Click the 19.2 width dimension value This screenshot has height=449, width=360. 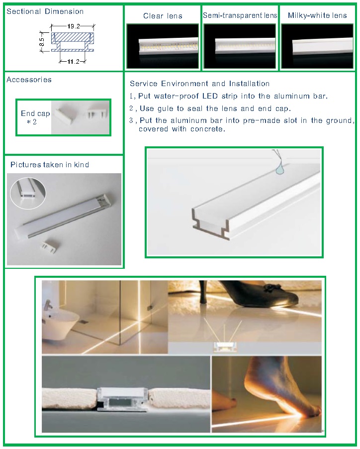click(x=74, y=26)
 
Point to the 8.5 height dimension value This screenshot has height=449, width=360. click(x=42, y=42)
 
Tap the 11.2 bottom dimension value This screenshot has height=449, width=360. click(x=73, y=62)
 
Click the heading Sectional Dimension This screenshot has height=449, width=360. click(x=45, y=11)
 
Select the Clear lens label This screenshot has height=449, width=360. click(x=163, y=16)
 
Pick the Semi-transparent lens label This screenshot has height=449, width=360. click(x=240, y=15)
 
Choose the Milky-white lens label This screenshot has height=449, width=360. click(x=317, y=15)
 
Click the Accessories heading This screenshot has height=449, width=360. click(x=29, y=80)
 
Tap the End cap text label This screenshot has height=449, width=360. click(x=35, y=113)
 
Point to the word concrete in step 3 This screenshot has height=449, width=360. click(x=207, y=129)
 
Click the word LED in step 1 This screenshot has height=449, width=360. click(x=210, y=96)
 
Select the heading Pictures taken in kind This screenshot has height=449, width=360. click(x=50, y=165)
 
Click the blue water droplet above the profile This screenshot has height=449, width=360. click(x=279, y=170)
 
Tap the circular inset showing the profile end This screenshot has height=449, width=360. click(x=28, y=194)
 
